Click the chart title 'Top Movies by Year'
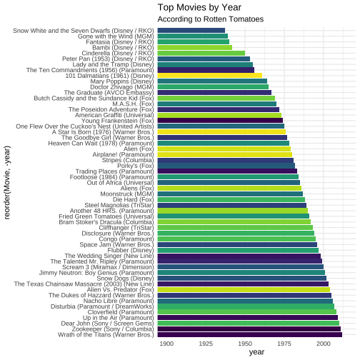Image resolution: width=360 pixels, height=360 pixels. click(199, 8)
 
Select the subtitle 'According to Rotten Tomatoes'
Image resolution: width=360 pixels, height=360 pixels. click(211, 19)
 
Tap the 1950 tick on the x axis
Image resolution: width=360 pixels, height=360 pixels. click(245, 344)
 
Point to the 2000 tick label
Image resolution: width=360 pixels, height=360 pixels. click(324, 344)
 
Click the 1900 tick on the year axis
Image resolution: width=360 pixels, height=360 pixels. click(166, 344)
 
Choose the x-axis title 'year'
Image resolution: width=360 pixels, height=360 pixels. click(256, 352)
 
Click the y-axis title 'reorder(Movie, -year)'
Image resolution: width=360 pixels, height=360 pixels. click(7, 183)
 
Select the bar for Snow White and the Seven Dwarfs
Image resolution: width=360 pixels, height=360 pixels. click(191, 31)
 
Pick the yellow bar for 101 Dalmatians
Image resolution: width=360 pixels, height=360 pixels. click(210, 76)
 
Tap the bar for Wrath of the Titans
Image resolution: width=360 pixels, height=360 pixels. click(250, 334)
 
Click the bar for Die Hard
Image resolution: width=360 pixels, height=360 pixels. click(231, 199)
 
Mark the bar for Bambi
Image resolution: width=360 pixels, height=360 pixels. click(195, 47)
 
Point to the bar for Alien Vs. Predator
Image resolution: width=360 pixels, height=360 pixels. click(244, 289)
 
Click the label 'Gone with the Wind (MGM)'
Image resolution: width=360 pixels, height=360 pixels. click(116, 36)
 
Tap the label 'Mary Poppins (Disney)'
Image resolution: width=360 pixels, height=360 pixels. click(122, 81)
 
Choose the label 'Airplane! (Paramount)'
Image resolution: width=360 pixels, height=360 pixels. click(124, 155)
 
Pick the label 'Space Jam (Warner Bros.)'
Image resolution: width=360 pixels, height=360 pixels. click(117, 245)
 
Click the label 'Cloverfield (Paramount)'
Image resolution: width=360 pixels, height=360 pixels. click(121, 312)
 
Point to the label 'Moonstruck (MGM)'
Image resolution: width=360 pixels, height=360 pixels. click(127, 194)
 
